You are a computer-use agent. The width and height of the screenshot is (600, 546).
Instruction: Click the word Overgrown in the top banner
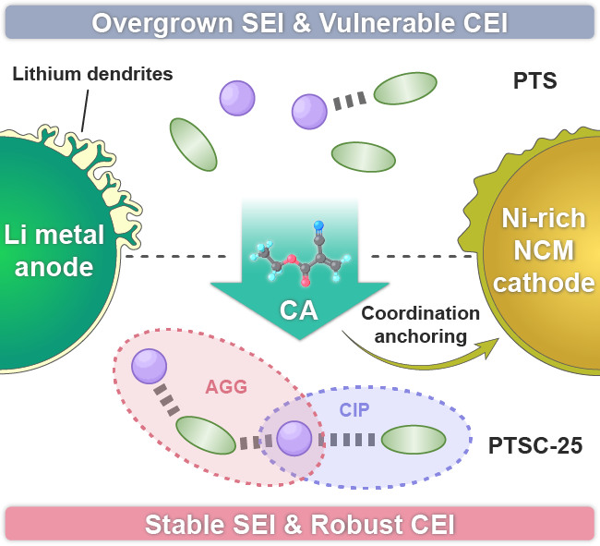coord(162,23)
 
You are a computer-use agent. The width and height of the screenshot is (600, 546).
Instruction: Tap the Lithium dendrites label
coord(92,74)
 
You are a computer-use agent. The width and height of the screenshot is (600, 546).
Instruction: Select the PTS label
coord(534,80)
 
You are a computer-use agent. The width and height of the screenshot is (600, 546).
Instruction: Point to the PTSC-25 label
coord(535,445)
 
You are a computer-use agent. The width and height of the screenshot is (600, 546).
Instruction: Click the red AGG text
coord(226,387)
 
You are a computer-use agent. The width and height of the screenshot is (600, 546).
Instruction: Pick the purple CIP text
coord(354,410)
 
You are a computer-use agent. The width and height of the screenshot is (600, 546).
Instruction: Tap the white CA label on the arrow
coord(298,310)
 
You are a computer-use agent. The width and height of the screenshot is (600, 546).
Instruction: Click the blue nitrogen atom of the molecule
coord(318,225)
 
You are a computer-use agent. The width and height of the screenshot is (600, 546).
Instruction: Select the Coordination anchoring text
coord(421,324)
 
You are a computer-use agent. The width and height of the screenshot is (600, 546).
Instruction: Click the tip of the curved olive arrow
coord(499,338)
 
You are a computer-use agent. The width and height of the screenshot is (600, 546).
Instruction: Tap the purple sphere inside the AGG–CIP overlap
coord(294,439)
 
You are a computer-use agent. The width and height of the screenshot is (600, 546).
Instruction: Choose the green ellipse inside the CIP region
coord(414,440)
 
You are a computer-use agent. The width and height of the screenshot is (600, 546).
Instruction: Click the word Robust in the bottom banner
coord(349,524)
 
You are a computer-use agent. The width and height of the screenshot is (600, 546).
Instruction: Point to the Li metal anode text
coord(54,250)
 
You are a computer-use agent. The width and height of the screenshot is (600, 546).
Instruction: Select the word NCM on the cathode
coord(544,250)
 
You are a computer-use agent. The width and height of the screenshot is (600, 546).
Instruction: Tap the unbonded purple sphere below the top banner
coord(237,98)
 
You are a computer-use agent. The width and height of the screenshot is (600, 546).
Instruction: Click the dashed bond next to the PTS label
coord(349,101)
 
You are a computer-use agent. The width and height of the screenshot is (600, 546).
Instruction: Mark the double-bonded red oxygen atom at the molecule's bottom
coord(306,283)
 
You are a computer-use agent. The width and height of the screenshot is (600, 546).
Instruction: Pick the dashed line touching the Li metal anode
coord(175,256)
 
